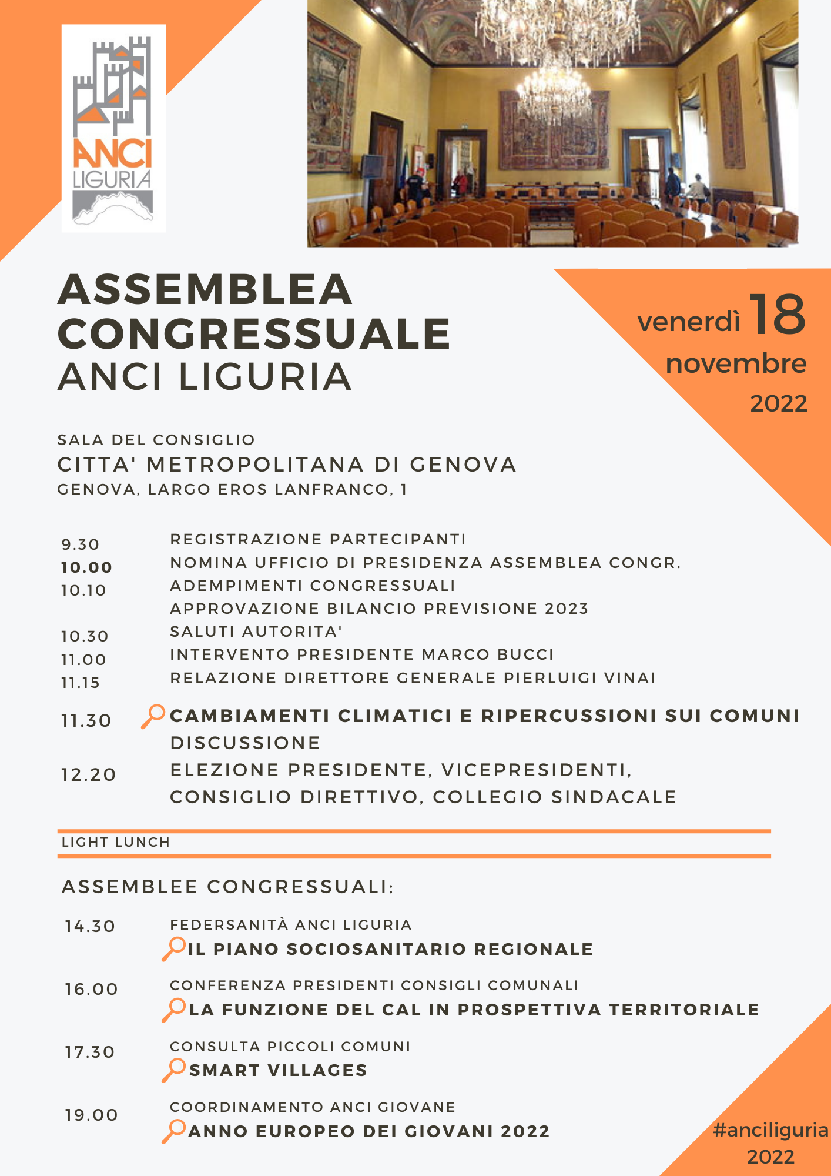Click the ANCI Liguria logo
(113, 128)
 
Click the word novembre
(736, 363)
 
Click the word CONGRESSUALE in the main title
(254, 333)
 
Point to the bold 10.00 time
(86, 567)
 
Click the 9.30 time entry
(81, 544)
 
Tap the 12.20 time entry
(88, 774)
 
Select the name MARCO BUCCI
(488, 654)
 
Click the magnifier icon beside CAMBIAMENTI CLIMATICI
(153, 716)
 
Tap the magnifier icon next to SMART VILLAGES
(173, 1070)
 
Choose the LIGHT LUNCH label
(116, 842)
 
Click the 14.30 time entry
(90, 926)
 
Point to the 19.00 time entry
(91, 1115)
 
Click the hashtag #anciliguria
(770, 1130)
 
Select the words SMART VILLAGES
(278, 1070)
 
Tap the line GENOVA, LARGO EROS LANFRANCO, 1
(232, 489)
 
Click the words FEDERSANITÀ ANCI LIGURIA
(290, 924)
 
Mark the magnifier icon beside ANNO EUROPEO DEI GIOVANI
(173, 1131)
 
